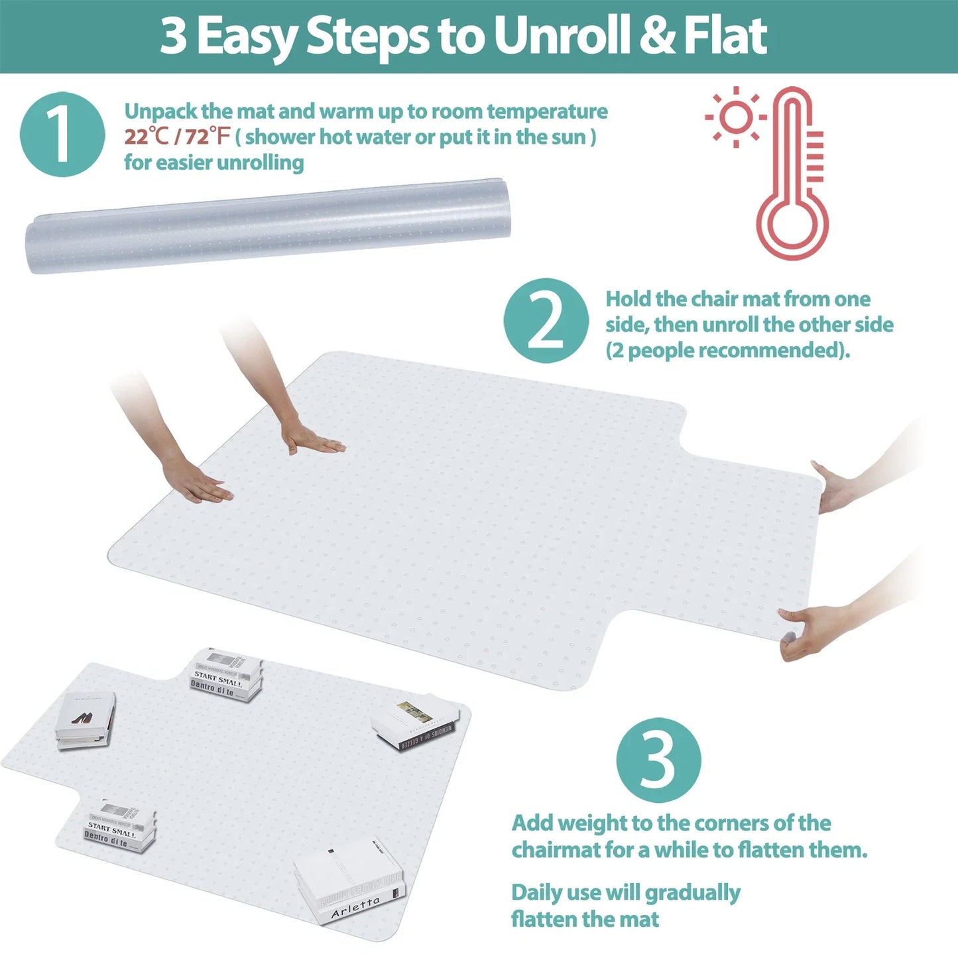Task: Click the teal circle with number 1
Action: point(62,135)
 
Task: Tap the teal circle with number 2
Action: point(546,321)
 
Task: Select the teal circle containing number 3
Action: point(658,760)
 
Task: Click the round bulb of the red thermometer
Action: point(792,225)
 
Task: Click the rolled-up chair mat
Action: point(267,225)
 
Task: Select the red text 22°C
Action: point(147,137)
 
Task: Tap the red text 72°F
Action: point(206,137)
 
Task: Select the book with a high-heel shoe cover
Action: point(84,721)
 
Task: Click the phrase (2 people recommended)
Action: point(727,351)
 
